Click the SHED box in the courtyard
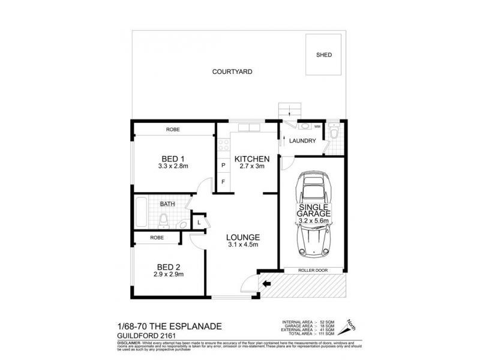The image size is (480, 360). [324, 55]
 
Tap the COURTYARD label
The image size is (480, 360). [232, 71]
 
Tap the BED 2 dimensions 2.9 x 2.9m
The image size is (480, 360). [169, 275]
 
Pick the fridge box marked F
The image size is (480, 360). [223, 182]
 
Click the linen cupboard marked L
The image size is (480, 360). [199, 223]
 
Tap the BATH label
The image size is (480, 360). [167, 204]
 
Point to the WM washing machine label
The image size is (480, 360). [317, 127]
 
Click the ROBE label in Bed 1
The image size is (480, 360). [174, 129]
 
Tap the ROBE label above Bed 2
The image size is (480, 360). [157, 238]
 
